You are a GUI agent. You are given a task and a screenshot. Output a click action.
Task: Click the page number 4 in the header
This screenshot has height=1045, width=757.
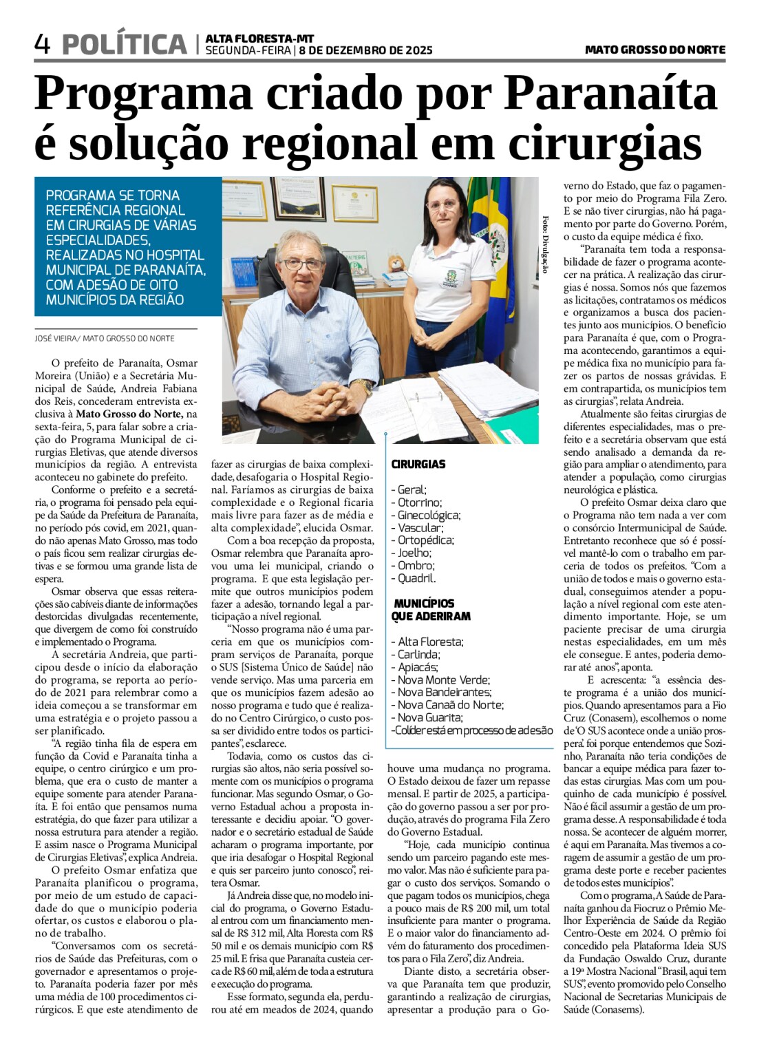tap(43, 45)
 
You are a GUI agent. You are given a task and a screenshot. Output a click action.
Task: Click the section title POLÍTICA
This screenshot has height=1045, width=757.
tap(125, 45)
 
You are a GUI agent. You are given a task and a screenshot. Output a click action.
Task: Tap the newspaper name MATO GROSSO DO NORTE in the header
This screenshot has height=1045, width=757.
tap(654, 50)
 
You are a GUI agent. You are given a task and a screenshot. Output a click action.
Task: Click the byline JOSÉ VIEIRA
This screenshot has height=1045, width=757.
tap(56, 338)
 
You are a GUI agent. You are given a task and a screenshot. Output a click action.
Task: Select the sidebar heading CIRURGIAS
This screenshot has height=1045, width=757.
tap(418, 464)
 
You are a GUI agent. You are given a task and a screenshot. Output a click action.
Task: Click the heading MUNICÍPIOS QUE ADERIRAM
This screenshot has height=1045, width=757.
tap(431, 609)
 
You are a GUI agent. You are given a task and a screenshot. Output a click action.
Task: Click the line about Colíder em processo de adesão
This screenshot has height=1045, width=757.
tap(471, 730)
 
